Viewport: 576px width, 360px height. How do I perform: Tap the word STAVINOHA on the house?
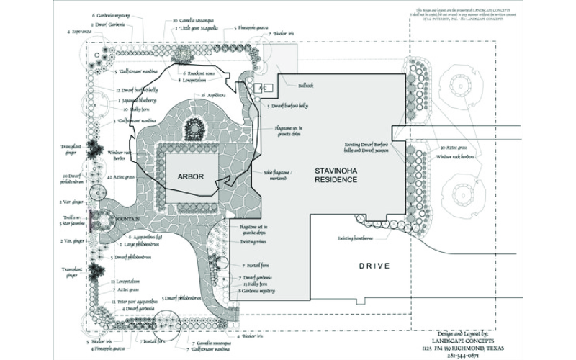(338, 171)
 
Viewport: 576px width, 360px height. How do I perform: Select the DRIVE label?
(374, 266)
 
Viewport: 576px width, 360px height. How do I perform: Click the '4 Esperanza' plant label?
(79, 32)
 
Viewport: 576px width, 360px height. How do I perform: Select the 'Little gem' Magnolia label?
(200, 30)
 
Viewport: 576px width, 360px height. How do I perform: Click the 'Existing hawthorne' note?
(356, 238)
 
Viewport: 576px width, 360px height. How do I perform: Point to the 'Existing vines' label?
(253, 243)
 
